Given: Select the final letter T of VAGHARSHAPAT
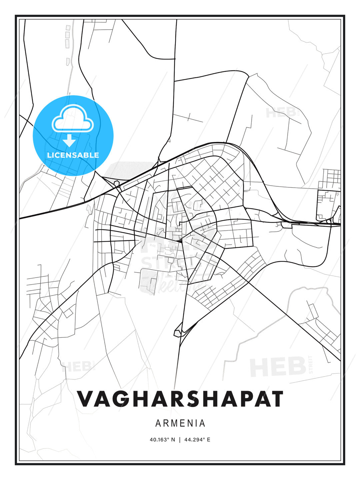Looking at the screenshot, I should point(276,399).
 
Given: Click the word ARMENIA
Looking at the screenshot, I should point(180,423).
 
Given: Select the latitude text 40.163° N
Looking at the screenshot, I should point(162,440).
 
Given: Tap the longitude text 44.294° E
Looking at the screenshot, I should point(197,440).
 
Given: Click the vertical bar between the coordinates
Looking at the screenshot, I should point(180,440).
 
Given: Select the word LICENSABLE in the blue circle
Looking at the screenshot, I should point(73,155).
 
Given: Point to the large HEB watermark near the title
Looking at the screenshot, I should point(278,367).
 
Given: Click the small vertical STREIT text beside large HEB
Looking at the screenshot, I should point(311,365).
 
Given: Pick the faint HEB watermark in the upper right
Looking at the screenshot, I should point(281,113).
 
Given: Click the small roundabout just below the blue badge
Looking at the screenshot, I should point(117,183).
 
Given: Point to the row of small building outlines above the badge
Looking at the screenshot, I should point(68,43).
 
